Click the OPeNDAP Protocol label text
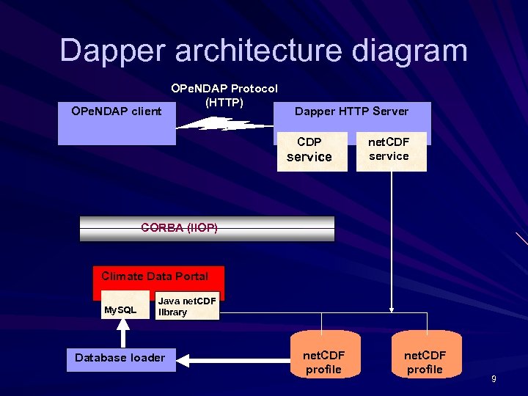point(224,89)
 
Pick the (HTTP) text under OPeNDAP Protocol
point(224,102)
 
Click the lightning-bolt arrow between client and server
point(221,123)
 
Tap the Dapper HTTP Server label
point(351,111)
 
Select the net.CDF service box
point(391,150)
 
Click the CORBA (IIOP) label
point(180,228)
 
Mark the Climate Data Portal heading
point(155,276)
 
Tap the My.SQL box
point(121,310)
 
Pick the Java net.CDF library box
point(187,307)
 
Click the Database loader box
point(120,358)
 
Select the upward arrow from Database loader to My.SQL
point(123,334)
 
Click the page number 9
point(494,379)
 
